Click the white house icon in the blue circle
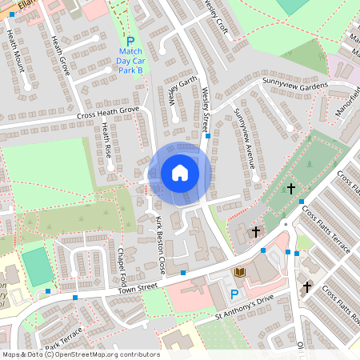coord(180,173)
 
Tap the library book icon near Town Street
coord(239,274)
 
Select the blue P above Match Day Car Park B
coord(130,40)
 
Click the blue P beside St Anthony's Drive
coord(234,294)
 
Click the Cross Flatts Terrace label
coord(326,230)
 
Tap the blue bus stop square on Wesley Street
coord(208,136)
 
